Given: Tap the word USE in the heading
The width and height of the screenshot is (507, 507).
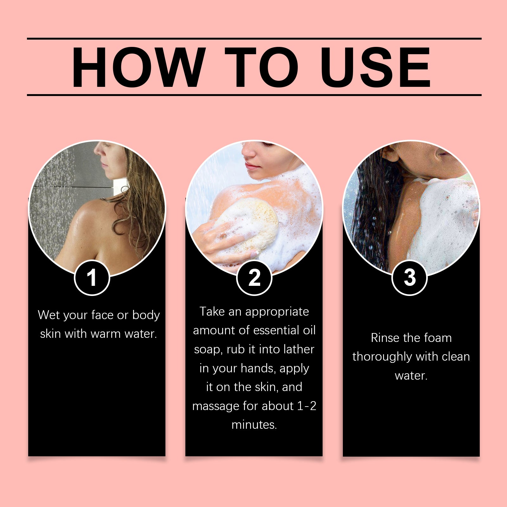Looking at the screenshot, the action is coord(376,67).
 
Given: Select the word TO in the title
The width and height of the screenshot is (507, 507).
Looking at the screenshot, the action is coord(262,67).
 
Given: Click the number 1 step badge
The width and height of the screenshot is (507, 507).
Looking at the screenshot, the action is coord(92,278).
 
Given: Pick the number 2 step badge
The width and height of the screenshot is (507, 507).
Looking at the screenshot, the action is coord(254,278).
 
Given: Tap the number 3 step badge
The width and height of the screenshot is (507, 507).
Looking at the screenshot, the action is coord(410,278).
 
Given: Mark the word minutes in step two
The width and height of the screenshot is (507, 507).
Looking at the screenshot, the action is coord(254,425).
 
